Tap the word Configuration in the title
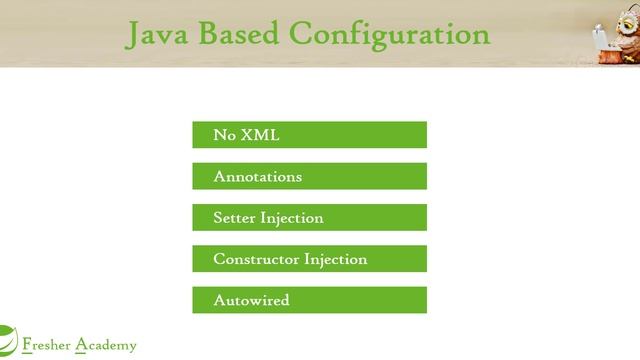tap(390, 35)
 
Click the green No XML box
tap(309, 135)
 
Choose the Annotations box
tap(309, 176)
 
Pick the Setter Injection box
tap(309, 217)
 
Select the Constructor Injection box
tap(309, 259)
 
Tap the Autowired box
tap(309, 300)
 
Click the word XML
tap(260, 135)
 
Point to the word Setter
tap(234, 217)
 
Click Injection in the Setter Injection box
tap(292, 218)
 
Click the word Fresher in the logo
tap(46, 346)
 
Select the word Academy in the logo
tap(107, 346)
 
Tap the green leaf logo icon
tap(7, 340)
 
